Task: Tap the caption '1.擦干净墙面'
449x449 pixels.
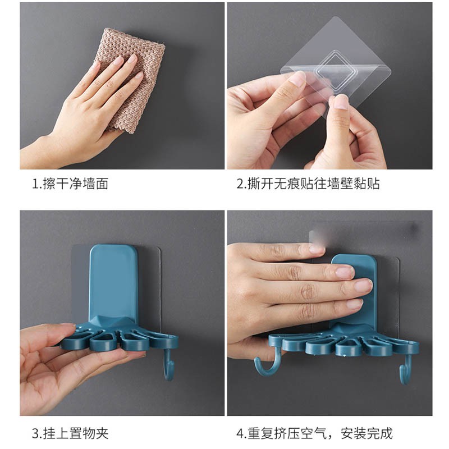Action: [x=70, y=184]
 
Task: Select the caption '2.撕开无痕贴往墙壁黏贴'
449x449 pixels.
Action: [x=308, y=184]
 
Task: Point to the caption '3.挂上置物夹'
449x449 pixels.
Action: [x=70, y=433]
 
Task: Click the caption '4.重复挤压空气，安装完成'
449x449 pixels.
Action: [x=314, y=433]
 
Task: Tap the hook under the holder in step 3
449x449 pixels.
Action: [x=169, y=366]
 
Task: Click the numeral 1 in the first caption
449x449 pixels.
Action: [x=35, y=184]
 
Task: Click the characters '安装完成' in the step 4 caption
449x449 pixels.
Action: [x=366, y=433]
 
